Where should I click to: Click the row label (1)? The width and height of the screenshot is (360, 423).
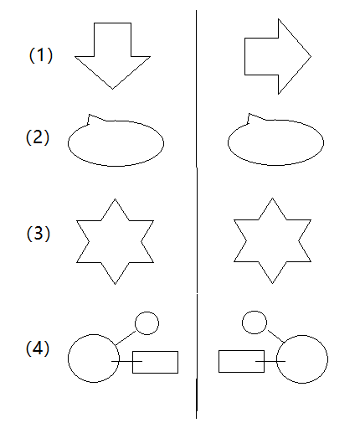click(41, 55)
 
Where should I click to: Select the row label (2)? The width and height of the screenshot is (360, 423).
click(38, 137)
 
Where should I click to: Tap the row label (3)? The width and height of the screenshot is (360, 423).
click(39, 233)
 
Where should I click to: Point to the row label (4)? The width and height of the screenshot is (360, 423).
click(38, 348)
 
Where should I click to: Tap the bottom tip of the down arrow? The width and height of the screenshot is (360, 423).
click(112, 89)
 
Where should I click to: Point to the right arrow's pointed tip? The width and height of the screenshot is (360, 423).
click(311, 56)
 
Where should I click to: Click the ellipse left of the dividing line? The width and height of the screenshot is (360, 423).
click(68, 143)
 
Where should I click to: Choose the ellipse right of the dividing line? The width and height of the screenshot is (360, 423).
click(228, 142)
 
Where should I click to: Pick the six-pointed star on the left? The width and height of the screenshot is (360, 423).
click(77, 221)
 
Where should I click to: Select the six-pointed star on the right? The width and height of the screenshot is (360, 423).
click(234, 220)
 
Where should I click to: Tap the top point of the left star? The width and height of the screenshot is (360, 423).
click(115, 199)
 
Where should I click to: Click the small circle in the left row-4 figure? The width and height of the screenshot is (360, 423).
click(135, 323)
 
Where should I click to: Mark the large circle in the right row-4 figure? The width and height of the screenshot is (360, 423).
click(276, 359)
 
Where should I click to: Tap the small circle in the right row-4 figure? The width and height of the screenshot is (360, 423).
click(242, 322)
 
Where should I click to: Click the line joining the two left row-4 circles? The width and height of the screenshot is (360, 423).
click(126, 338)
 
